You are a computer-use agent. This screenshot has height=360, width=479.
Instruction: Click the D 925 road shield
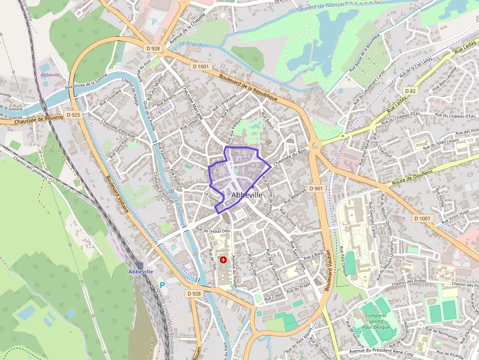[73, 115]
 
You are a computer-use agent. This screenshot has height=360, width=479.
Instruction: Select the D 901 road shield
[316, 189]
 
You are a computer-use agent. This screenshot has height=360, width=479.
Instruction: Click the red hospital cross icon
[223, 260]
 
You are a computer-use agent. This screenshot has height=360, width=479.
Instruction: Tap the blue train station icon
[141, 264]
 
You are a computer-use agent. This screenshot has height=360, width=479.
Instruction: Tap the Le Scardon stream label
[194, 45]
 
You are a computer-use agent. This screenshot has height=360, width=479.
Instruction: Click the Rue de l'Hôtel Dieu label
[213, 230]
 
